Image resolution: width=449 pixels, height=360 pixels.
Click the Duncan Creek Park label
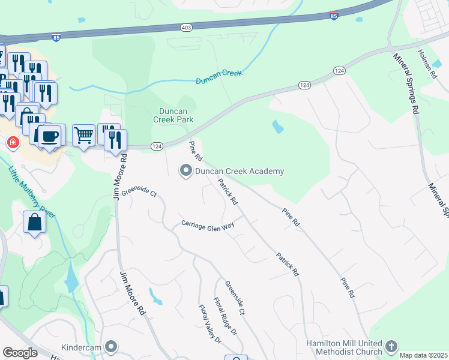pyautogui.click(x=176, y=115)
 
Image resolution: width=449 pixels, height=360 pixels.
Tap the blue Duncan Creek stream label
pyautogui.click(x=219, y=77)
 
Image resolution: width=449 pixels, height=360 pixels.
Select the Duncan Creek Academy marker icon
pyautogui.click(x=186, y=172)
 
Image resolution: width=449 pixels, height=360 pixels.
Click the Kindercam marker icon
pyautogui.click(x=111, y=347)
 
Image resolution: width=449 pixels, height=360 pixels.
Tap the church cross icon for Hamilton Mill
pyautogui.click(x=391, y=347)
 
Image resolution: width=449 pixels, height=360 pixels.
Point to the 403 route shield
pyautogui.click(x=187, y=28)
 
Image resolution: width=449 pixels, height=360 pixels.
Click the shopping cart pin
pyautogui.click(x=84, y=135)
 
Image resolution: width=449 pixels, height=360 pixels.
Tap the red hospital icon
pyautogui.click(x=12, y=143)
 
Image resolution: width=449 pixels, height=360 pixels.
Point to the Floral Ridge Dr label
pyautogui.click(x=226, y=316)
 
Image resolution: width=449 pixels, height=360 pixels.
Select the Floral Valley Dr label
pyautogui.click(x=210, y=324)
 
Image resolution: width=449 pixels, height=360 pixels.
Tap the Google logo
pyautogui.click(x=20, y=353)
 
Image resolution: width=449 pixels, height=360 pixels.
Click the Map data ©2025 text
pyautogui.click(x=423, y=355)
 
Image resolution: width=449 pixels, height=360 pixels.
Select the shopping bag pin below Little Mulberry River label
pyautogui.click(x=35, y=222)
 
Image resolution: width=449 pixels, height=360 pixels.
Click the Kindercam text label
pyautogui.click(x=81, y=347)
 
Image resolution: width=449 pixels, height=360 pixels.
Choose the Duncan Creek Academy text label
pyautogui.click(x=239, y=172)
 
